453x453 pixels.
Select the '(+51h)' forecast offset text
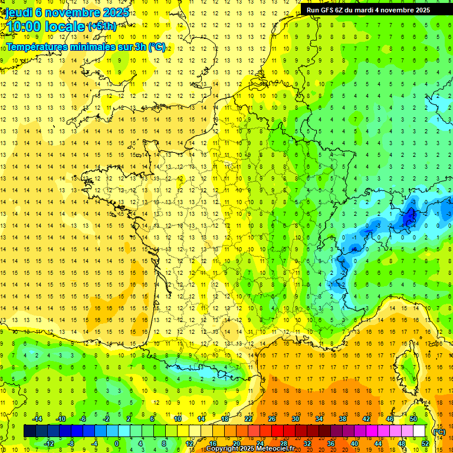click(101, 27)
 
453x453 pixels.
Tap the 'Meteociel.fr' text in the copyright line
click(275, 449)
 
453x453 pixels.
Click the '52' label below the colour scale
click(425, 444)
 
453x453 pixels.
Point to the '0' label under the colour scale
click(117, 444)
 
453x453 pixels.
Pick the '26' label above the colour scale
click(272, 419)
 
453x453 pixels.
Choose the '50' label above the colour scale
click(413, 419)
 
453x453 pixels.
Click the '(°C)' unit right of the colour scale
click(439, 431)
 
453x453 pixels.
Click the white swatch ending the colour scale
click(419, 431)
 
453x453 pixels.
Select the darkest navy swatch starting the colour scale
click(29, 431)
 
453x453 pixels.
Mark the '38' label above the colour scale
click(343, 419)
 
